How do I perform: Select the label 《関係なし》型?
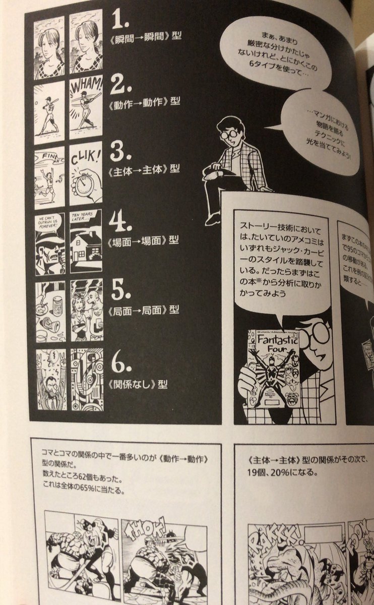[137, 384]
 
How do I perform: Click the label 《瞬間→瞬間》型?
[137, 37]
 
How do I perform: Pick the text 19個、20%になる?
[275, 472]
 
